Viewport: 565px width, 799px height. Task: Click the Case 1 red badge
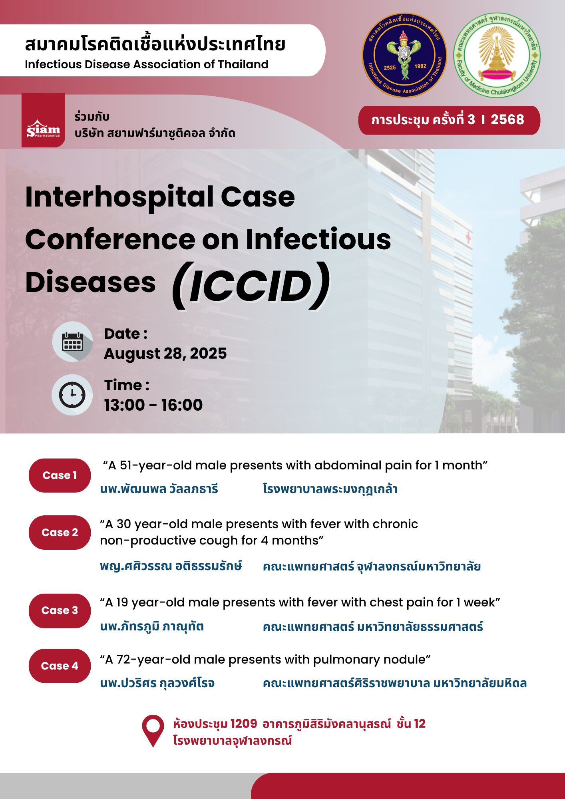tap(60, 475)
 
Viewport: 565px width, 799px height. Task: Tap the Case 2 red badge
tap(60, 533)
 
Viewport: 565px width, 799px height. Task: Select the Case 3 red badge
tap(60, 610)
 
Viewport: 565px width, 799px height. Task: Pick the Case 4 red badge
tap(60, 666)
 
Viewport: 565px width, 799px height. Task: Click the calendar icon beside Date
tap(72, 342)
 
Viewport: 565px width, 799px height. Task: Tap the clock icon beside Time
tap(72, 395)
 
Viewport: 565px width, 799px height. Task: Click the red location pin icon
tap(153, 731)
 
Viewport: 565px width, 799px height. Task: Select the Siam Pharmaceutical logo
tap(43, 120)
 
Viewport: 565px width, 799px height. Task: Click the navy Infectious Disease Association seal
tap(404, 56)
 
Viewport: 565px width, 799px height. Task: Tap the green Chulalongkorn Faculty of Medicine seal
tap(497, 56)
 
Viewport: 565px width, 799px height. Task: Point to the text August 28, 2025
tap(165, 354)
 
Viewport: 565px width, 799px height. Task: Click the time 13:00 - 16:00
tap(153, 405)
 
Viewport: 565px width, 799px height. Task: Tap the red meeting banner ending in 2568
tap(449, 120)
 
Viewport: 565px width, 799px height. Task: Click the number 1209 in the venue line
tap(244, 723)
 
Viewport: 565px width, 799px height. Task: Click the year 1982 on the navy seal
tap(420, 66)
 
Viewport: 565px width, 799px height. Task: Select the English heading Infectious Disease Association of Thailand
tap(147, 64)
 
